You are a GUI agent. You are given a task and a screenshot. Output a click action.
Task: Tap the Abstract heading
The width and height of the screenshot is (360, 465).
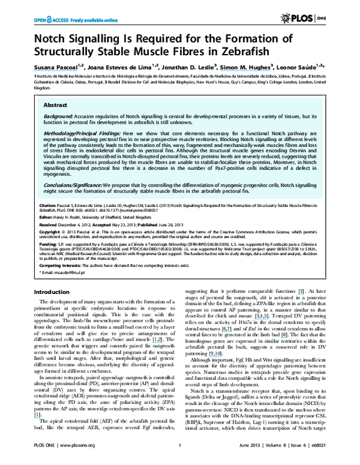click(55, 104)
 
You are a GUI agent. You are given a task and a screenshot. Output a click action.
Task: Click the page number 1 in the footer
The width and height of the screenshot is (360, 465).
click(179, 455)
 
